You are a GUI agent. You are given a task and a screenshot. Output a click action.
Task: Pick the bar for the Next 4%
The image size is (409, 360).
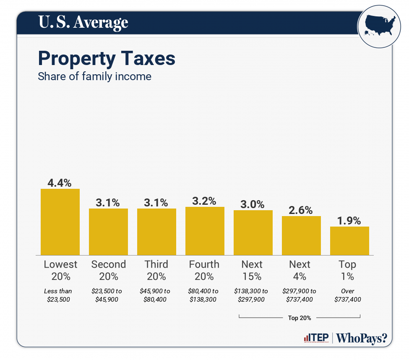(x=301, y=235)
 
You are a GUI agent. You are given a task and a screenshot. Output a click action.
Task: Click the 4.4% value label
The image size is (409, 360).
(x=60, y=183)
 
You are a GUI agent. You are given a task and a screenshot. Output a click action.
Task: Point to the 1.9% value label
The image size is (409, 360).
(x=349, y=221)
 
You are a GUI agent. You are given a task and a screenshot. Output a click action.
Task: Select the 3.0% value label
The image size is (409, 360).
(x=253, y=204)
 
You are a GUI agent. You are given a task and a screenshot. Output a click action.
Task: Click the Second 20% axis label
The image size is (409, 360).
(x=108, y=270)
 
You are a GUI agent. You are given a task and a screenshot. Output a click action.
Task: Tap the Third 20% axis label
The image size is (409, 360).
(x=156, y=270)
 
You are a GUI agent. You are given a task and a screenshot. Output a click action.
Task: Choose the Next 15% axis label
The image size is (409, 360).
(x=252, y=270)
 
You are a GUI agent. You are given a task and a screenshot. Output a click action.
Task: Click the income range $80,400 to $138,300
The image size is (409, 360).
(x=204, y=295)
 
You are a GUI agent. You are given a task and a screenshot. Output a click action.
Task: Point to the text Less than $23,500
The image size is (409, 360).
(x=58, y=295)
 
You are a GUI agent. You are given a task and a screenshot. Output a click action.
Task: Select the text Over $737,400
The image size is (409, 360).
(x=348, y=295)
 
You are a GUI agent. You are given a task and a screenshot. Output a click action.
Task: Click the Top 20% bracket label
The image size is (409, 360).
(x=300, y=318)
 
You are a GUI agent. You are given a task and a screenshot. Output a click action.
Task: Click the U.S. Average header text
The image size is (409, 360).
(x=83, y=22)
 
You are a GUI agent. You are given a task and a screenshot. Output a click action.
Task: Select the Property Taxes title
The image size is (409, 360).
(x=107, y=58)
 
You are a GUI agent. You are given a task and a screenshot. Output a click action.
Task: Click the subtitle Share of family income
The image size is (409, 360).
(x=94, y=76)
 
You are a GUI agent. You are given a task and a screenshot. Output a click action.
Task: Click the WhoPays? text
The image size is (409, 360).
(x=362, y=338)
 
